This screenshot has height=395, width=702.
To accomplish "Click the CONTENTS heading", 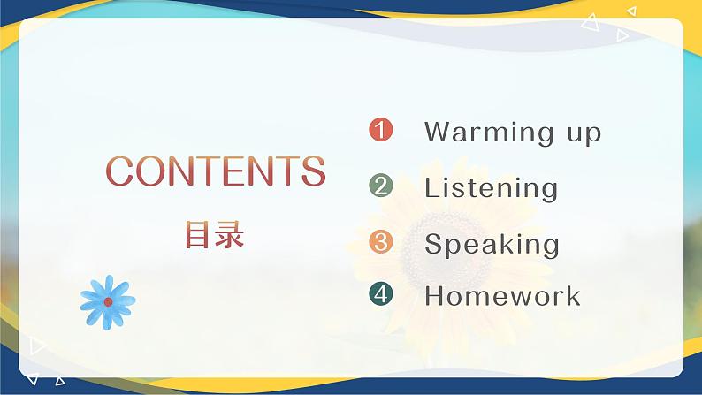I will click(216, 171).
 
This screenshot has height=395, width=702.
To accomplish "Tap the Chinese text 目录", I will click(215, 235).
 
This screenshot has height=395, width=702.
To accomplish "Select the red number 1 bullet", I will click(380, 131).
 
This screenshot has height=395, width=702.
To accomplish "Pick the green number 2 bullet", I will click(380, 186).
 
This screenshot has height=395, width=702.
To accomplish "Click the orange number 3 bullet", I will click(380, 241).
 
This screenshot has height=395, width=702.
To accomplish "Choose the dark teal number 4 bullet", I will click(380, 294).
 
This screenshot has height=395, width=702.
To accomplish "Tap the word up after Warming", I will click(578, 134).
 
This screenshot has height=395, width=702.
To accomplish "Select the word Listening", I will click(491, 188).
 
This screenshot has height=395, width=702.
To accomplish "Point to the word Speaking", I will click(492, 245).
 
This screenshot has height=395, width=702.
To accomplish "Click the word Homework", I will click(502, 295).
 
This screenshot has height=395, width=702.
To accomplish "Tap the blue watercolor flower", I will click(107, 300).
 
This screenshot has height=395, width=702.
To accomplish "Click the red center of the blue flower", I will click(108, 301).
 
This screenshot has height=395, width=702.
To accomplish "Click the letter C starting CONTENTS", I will click(119, 171).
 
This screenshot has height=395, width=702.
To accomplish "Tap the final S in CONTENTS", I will click(312, 171).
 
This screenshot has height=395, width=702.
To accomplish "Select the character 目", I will click(198, 235).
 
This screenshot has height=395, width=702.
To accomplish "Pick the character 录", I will click(231, 235).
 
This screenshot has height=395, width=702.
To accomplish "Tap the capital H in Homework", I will click(435, 295).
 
